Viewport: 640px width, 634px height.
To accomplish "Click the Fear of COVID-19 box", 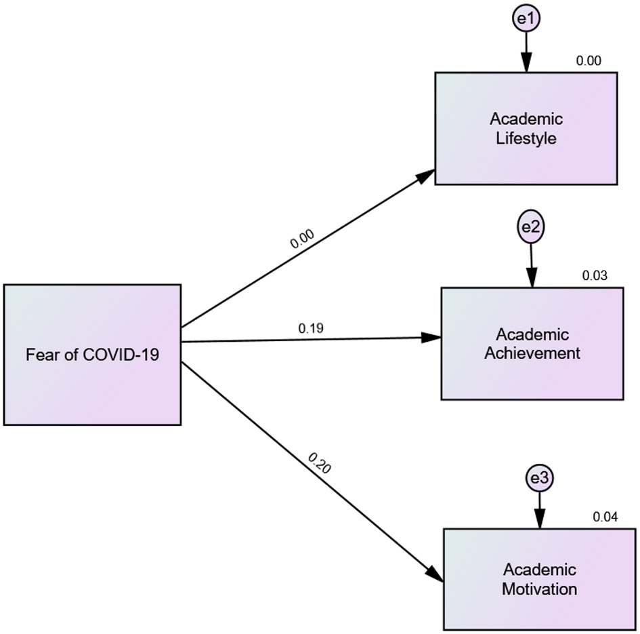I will click(x=92, y=355).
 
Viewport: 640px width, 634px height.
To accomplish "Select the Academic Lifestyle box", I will click(x=526, y=129).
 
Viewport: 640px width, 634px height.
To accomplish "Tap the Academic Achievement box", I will click(x=532, y=344).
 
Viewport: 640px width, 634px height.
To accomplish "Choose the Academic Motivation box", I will click(x=539, y=578).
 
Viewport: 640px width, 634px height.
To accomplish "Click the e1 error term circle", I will click(x=526, y=20).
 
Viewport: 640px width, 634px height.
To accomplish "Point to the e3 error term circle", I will click(x=539, y=479).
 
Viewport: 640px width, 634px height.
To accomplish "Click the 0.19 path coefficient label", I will click(x=311, y=328).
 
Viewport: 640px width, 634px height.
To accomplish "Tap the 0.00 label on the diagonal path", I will click(x=302, y=240).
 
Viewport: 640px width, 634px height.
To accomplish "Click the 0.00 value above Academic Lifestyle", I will click(x=588, y=61).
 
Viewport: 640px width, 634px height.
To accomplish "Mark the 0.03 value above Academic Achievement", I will click(x=595, y=276).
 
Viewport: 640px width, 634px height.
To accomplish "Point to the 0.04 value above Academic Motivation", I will click(x=605, y=517).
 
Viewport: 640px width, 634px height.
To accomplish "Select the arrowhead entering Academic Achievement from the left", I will click(x=431, y=337).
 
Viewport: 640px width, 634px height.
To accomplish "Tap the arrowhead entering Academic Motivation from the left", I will click(x=434, y=572).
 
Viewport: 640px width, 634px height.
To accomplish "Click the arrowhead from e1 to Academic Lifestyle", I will click(x=526, y=63).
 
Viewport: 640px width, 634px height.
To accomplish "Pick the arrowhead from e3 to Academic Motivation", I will click(x=540, y=520).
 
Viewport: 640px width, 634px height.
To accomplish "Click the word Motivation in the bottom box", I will click(x=539, y=589).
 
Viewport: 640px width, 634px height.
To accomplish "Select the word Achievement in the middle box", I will click(x=532, y=353).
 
